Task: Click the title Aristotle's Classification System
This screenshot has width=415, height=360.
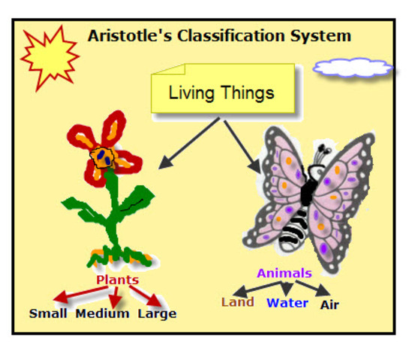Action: [x=219, y=35]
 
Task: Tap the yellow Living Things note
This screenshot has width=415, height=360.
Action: [x=221, y=93]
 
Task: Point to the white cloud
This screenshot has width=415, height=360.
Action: [x=353, y=67]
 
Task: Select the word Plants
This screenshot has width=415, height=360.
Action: [x=117, y=280]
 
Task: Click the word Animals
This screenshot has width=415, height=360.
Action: [x=284, y=273]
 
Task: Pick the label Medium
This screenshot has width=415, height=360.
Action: [x=102, y=313]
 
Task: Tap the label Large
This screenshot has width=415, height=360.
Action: [x=157, y=313]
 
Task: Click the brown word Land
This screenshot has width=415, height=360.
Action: [x=237, y=302]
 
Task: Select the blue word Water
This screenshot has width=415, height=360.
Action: [x=287, y=303]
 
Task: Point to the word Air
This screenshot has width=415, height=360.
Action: [x=329, y=304]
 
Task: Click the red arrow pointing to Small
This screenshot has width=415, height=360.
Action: [x=75, y=295]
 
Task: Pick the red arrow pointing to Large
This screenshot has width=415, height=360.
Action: [x=150, y=294]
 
